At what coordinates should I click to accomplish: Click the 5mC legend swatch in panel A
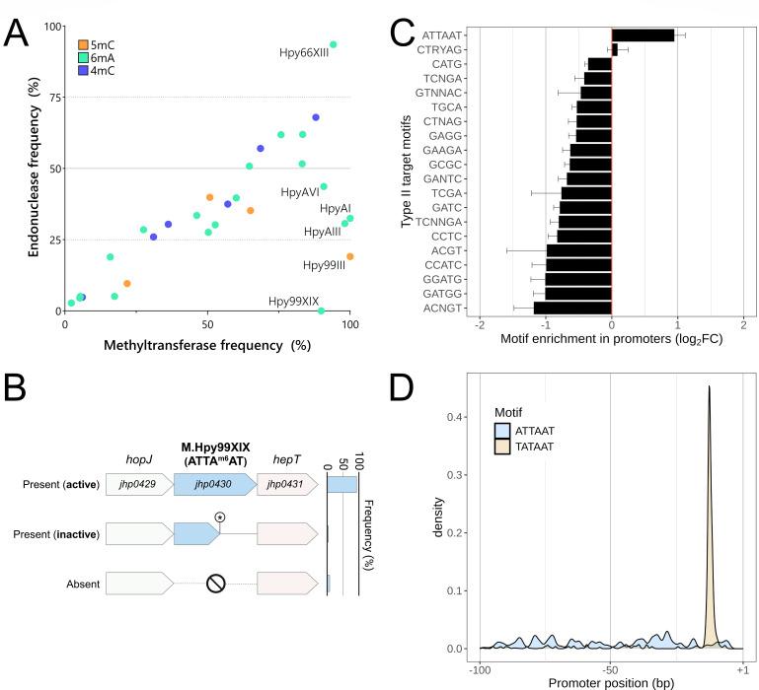point(84,44)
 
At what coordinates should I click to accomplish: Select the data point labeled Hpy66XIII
point(333,44)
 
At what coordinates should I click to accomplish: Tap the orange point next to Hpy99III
point(349,257)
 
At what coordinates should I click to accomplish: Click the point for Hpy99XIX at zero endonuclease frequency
point(321,311)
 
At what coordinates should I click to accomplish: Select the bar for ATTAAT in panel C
point(643,35)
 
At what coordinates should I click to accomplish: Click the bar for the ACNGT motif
point(572,308)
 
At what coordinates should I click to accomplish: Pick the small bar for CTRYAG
point(615,48)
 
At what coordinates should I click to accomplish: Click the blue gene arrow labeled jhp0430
point(213,484)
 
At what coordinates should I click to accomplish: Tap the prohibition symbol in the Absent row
point(216,584)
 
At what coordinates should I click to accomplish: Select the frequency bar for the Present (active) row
point(342,484)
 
